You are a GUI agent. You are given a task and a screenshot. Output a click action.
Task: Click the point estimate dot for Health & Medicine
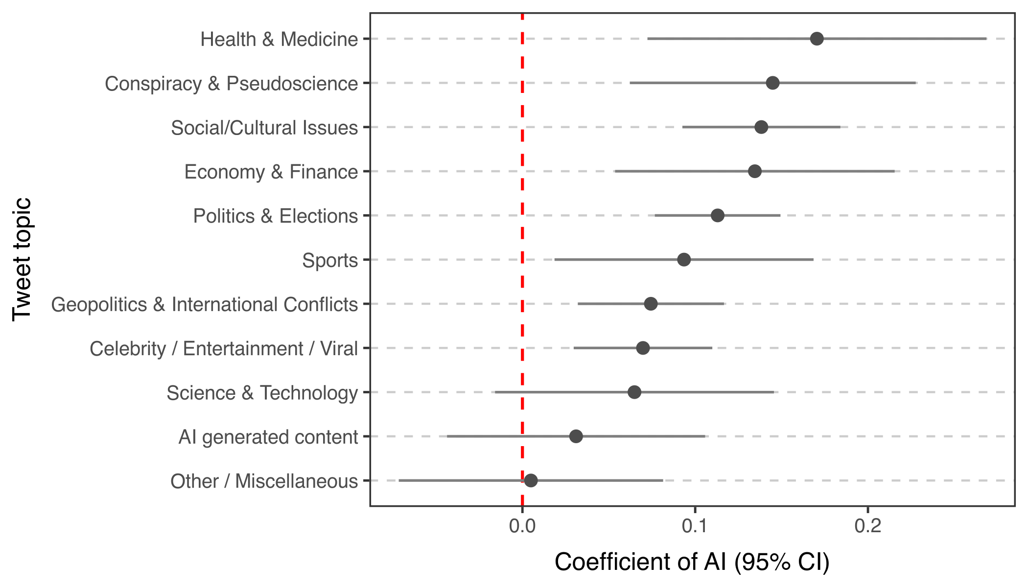point(817,39)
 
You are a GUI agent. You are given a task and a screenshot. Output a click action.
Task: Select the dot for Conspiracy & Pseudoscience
point(772,83)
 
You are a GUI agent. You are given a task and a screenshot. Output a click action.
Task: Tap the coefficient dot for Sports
point(684,260)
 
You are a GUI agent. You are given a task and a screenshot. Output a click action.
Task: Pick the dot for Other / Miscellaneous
point(531,480)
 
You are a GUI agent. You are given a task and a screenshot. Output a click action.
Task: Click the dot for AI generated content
point(576,436)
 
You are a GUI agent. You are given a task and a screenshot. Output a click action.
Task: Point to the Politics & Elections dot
point(717,215)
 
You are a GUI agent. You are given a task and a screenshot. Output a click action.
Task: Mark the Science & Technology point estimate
point(634,392)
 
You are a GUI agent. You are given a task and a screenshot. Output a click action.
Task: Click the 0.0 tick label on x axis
point(522,526)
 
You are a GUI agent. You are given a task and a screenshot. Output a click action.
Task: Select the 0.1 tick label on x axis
point(695,526)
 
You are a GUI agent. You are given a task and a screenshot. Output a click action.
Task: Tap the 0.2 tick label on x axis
point(868,526)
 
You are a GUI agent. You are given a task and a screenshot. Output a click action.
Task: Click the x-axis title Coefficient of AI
point(692,562)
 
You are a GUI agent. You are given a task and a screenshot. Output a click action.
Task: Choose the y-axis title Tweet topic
point(22,259)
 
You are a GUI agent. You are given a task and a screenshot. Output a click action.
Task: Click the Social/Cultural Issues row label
point(264,128)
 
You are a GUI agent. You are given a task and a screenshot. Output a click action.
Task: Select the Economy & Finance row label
point(271,172)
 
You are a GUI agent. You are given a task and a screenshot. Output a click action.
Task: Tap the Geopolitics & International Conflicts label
point(204,305)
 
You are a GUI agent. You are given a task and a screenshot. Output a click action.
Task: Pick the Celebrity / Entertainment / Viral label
point(223,349)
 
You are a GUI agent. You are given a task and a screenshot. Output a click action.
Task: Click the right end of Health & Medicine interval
point(986,39)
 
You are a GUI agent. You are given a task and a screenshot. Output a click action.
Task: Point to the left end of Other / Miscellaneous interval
point(399,480)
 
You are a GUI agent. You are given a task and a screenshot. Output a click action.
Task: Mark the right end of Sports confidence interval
point(813,260)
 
